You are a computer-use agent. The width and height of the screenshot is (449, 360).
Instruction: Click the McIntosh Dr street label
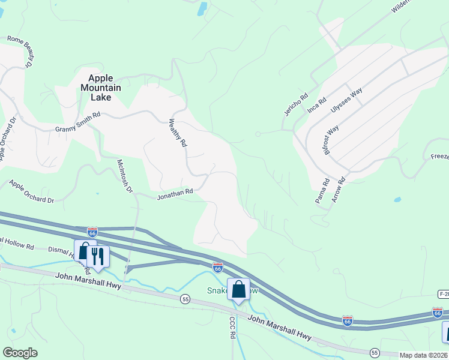coord(125,175)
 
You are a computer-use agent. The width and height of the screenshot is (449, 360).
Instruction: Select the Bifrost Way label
coord(332,140)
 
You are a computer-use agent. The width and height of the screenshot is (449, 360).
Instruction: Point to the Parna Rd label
coord(321,191)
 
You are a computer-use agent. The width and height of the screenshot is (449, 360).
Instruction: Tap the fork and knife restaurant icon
coord(98,256)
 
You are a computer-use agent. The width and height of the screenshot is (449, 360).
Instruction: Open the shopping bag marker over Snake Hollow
coord(239,289)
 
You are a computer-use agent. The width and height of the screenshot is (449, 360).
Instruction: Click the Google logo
coord(20,352)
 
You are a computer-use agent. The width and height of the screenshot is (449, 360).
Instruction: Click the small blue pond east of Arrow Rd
coord(397,199)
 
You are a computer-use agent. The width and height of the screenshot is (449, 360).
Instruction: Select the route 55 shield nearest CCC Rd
coord(185,299)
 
